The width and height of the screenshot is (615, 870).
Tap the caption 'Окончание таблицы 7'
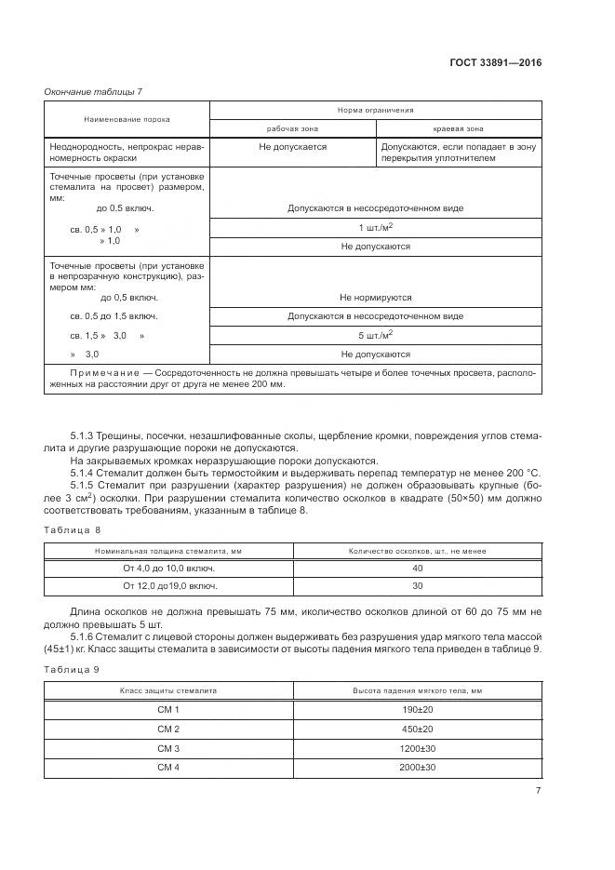(92, 90)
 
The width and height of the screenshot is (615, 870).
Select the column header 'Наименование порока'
(127, 119)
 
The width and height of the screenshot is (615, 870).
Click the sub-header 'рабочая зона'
(293, 128)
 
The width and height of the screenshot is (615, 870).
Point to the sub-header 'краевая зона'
(458, 128)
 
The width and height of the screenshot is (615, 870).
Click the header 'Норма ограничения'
(376, 110)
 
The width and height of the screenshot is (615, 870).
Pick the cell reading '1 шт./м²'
(376, 228)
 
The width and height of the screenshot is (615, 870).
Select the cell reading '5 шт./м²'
(376, 335)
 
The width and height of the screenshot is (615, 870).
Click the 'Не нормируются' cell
(376, 298)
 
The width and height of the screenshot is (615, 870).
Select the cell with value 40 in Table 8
(417, 568)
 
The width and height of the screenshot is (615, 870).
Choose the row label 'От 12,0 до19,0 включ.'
(170, 586)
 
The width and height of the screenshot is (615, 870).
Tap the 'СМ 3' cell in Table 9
(168, 748)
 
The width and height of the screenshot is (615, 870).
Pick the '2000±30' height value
(417, 767)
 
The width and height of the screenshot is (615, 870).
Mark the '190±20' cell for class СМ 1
(417, 709)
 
